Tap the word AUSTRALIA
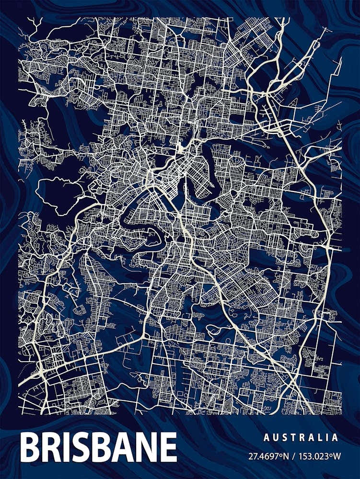click(x=301, y=437)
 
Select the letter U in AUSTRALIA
click(x=275, y=437)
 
